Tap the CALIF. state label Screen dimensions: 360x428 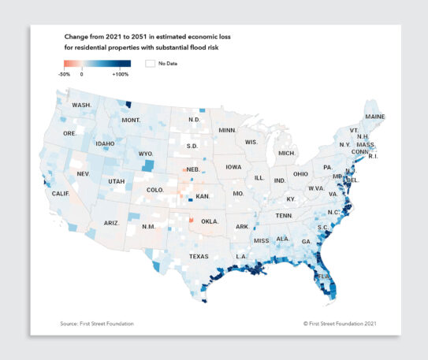61,193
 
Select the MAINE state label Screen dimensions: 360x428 374,117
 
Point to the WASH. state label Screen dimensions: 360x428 81,105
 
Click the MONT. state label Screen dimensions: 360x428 130,120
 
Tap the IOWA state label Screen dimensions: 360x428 233,167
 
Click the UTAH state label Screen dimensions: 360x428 117,181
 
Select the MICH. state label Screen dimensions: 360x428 286,152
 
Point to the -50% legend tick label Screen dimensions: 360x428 65,74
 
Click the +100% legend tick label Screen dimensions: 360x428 121,74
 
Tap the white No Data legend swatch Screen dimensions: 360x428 149,63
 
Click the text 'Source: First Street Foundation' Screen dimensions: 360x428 97,324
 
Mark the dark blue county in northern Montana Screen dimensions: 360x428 128,103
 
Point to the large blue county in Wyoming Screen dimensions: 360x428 148,165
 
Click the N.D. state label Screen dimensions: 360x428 194,120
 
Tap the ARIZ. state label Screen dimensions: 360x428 111,223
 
